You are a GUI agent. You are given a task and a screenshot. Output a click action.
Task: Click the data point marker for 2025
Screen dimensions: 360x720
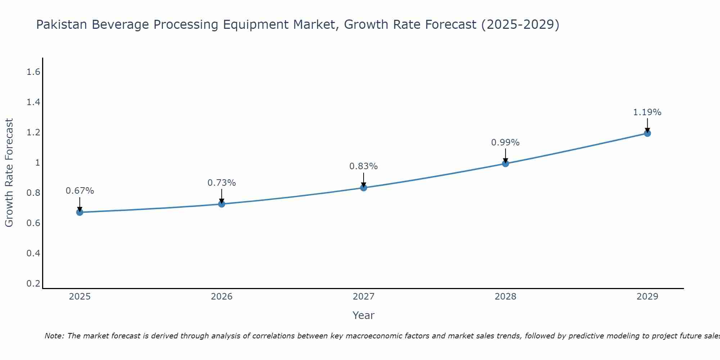coord(80,212)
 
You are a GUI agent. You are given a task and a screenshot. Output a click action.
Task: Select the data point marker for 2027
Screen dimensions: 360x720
coord(364,188)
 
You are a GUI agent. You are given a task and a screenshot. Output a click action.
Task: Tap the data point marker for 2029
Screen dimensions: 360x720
coord(647,133)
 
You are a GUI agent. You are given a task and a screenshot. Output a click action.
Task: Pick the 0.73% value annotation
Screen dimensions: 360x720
coord(221,183)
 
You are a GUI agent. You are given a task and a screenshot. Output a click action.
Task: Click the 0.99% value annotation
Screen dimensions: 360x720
coord(505,143)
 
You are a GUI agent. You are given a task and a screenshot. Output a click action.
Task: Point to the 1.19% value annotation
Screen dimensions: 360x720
coord(647,112)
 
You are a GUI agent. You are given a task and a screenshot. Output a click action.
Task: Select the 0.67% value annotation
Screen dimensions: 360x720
coord(80,191)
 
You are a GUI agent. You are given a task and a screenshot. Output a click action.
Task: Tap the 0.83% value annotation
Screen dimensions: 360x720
coord(363,166)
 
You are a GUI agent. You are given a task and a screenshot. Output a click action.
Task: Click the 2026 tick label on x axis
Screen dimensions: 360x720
coord(221,297)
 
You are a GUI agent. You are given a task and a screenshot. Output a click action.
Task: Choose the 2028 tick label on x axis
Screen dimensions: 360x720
coord(505,297)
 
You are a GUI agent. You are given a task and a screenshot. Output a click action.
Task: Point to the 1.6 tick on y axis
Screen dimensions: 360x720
coord(33,72)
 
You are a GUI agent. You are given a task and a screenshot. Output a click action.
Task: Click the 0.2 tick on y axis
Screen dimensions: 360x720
coord(33,283)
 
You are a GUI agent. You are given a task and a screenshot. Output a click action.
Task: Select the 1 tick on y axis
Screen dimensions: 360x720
coord(37,163)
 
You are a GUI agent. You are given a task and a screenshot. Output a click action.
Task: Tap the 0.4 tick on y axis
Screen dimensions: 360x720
coord(33,253)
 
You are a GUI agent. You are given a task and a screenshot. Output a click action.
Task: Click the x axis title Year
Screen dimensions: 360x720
coord(363,315)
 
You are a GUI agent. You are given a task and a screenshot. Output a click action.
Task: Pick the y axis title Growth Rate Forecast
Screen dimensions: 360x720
coord(9,173)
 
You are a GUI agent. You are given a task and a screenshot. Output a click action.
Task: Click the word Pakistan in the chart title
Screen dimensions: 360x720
coord(62,24)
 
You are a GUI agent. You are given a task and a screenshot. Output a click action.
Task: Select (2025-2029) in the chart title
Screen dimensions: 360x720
coord(520,24)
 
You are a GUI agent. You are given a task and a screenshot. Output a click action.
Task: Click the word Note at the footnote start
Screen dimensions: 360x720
coord(54,336)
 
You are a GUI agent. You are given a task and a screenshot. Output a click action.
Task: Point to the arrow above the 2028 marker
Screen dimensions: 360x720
coord(505,156)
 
